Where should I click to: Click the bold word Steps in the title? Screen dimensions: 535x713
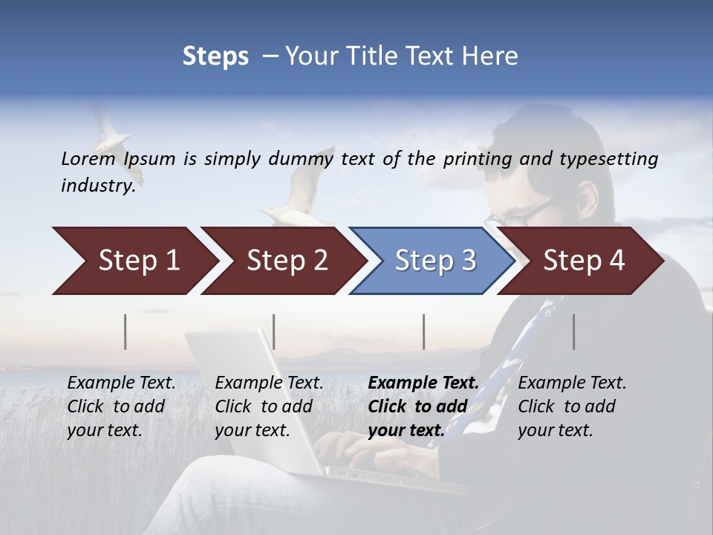pyautogui.click(x=215, y=56)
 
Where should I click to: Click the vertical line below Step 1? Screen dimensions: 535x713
pyautogui.click(x=126, y=331)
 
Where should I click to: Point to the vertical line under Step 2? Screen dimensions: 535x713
pyautogui.click(x=274, y=331)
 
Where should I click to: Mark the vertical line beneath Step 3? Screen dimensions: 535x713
pyautogui.click(x=424, y=331)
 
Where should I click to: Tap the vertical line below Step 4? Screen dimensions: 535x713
pyautogui.click(x=574, y=331)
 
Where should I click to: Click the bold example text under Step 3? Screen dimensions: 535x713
pyautogui.click(x=422, y=406)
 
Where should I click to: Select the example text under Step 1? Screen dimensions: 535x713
pyautogui.click(x=120, y=406)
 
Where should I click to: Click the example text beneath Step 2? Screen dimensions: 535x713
pyautogui.click(x=268, y=406)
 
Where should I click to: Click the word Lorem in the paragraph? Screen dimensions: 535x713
pyautogui.click(x=88, y=158)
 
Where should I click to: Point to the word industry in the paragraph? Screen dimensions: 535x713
pyautogui.click(x=97, y=185)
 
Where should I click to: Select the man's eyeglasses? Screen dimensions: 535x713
pyautogui.click(x=524, y=214)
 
